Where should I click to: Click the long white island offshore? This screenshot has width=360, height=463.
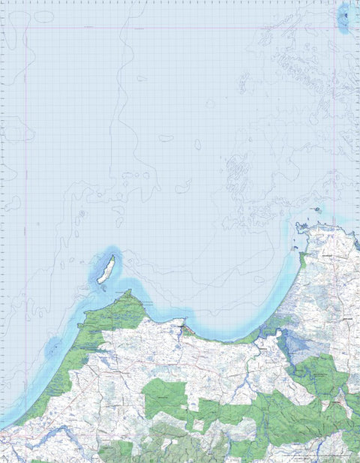tap(106, 269)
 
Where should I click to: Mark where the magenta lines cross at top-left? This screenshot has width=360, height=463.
tap(27, 29)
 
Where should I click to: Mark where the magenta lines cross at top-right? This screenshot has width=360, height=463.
tap(334, 29)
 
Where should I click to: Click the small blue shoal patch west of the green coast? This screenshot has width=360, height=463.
tap(54, 346)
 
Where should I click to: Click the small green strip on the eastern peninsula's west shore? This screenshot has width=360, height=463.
tap(302, 260)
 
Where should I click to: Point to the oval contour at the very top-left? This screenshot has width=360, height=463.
tap(43, 16)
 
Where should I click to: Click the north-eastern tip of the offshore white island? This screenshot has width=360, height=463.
tap(112, 257)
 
